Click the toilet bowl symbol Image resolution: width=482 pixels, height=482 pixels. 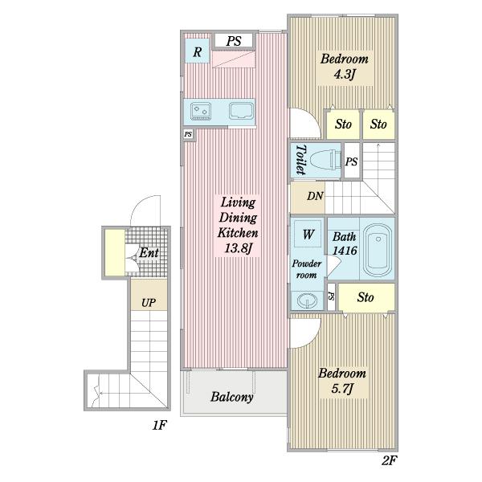pyautogui.click(x=325, y=161)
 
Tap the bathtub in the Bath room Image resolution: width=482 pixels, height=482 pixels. pyautogui.click(x=378, y=250)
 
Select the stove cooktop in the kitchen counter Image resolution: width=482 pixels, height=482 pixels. pyautogui.click(x=201, y=112)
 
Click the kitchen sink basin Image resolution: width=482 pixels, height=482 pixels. pyautogui.click(x=242, y=111)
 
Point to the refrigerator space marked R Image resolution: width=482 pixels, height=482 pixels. pyautogui.click(x=197, y=51)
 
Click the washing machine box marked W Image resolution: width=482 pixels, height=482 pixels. pyautogui.click(x=308, y=235)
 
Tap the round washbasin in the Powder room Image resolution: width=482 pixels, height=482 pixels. pyautogui.click(x=307, y=300)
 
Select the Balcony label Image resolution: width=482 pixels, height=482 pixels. pyautogui.click(x=232, y=397)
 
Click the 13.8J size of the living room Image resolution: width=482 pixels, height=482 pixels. pyautogui.click(x=239, y=248)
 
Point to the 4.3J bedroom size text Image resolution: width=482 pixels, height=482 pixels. pyautogui.click(x=345, y=74)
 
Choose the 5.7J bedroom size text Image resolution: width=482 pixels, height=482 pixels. pyautogui.click(x=342, y=389)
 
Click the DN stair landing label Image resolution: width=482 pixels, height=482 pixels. pyautogui.click(x=315, y=196)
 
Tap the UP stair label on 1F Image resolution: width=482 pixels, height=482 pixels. pyautogui.click(x=149, y=303)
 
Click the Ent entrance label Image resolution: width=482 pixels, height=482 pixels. pyautogui.click(x=149, y=253)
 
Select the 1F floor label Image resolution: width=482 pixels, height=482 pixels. pyautogui.click(x=159, y=426)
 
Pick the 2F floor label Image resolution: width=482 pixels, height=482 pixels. pyautogui.click(x=390, y=461)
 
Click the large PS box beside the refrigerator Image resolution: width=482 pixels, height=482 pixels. pyautogui.click(x=234, y=41)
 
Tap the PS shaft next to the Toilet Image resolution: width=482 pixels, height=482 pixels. pyautogui.click(x=352, y=161)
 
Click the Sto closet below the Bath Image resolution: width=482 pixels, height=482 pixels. pyautogui.click(x=366, y=297)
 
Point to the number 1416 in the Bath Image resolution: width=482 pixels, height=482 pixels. pyautogui.click(x=345, y=251)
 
